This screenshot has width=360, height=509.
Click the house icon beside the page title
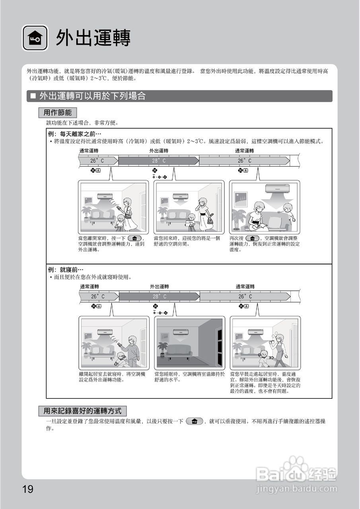[x=35, y=38]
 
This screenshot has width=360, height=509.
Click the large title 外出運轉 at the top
[x=93, y=38]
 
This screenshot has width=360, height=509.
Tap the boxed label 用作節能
[x=58, y=113]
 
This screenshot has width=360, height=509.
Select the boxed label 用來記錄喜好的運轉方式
[x=82, y=411]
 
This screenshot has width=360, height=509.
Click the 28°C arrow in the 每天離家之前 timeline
[x=158, y=161]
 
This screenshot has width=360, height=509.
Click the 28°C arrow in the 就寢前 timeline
[x=159, y=297]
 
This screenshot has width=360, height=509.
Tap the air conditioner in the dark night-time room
[x=178, y=332]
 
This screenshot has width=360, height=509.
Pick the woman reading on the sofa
[x=257, y=217]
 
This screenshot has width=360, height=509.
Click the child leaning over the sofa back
[x=288, y=212]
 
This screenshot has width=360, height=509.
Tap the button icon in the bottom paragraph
[x=194, y=421]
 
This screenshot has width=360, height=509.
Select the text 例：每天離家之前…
[x=75, y=134]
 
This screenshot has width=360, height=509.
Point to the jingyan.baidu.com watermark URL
[x=296, y=488]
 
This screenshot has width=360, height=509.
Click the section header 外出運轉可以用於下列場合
[x=93, y=96]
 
